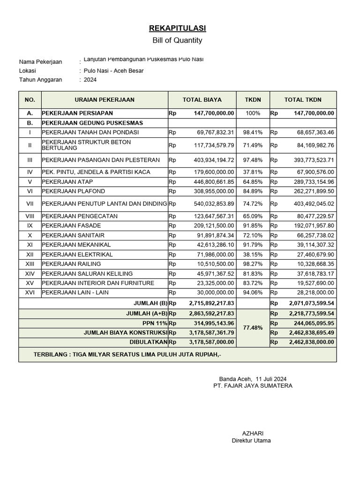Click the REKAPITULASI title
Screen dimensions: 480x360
(x=177, y=29)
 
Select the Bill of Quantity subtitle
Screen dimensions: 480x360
(x=177, y=40)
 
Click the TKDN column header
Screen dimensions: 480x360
(x=253, y=100)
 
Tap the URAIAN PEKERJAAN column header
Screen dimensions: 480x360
(x=105, y=100)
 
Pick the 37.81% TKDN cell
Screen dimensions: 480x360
(x=253, y=172)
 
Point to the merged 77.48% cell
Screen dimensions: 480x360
(x=253, y=328)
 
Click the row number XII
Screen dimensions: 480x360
(x=30, y=254)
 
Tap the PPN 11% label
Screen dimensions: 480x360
(x=155, y=323)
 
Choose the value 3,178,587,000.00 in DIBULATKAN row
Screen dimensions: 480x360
(x=211, y=342)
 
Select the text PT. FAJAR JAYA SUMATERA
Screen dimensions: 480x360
(x=253, y=386)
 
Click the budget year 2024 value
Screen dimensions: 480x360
(x=90, y=80)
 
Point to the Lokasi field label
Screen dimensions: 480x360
(x=28, y=71)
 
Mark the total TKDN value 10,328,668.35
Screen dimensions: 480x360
(x=314, y=264)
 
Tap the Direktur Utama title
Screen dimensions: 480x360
(x=251, y=441)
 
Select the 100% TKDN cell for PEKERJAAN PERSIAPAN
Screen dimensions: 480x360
(x=253, y=113)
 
